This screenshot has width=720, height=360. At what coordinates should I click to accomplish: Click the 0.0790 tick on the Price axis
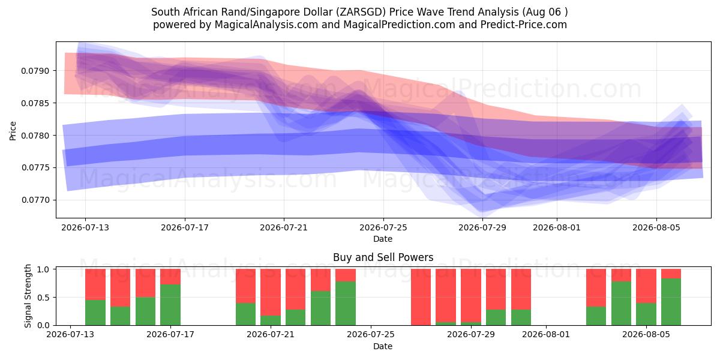tap(35, 71)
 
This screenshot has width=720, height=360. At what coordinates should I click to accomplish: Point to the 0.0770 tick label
tap(35, 200)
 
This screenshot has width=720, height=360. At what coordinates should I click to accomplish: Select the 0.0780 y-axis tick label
tap(35, 136)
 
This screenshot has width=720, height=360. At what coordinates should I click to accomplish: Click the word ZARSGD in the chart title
tap(361, 12)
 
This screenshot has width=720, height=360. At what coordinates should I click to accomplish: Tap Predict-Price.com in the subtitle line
tap(524, 25)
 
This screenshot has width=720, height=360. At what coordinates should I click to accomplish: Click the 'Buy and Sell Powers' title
tap(383, 257)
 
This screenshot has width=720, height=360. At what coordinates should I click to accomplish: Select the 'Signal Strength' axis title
tap(28, 296)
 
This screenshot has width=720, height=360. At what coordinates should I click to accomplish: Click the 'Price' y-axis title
tap(13, 131)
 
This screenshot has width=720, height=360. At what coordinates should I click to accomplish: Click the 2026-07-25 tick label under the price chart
tap(383, 227)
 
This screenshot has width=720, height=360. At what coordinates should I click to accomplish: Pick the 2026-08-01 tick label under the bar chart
tap(546, 334)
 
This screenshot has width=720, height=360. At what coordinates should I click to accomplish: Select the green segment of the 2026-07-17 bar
tap(170, 305)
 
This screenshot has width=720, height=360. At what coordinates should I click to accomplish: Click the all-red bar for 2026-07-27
tap(421, 297)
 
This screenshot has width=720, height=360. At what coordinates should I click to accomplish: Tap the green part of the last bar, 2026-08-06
tap(671, 302)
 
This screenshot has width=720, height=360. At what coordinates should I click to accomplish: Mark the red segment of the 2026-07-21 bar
tap(271, 292)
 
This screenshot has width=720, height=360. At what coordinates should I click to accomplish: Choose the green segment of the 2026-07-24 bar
tap(346, 303)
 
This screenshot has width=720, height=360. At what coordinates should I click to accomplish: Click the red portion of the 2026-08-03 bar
tap(596, 287)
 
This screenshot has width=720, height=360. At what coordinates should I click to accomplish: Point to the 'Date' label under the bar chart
tap(383, 346)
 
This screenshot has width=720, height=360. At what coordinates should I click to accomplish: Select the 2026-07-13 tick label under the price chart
tap(85, 227)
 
